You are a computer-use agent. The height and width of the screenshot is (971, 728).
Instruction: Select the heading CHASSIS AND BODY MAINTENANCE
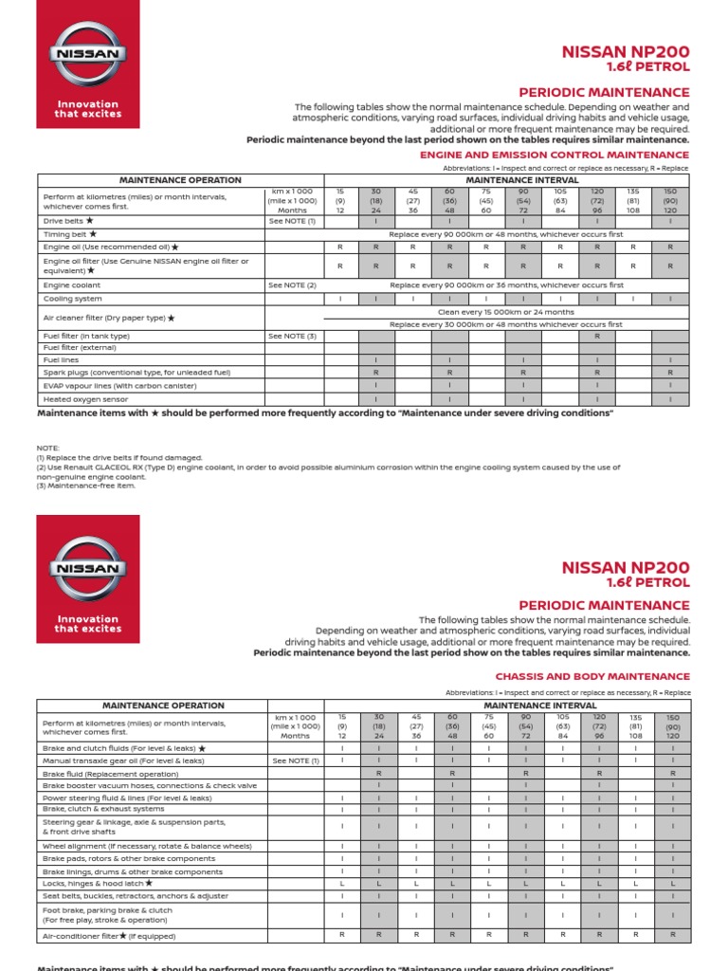tap(592, 676)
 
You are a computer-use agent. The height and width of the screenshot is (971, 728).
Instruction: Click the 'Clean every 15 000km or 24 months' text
tap(505, 311)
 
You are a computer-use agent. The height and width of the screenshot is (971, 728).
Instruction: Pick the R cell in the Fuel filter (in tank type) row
tap(597, 336)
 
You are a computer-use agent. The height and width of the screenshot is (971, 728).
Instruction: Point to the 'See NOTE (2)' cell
tap(292, 284)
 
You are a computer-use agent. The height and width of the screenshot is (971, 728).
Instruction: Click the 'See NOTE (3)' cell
tap(292, 336)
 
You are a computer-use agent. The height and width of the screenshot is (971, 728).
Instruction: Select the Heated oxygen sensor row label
tap(85, 399)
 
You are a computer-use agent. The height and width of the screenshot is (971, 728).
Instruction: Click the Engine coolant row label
tap(72, 284)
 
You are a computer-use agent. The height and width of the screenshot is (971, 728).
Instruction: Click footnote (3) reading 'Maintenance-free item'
tap(86, 486)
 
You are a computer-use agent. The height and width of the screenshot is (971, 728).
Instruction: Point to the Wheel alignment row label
tap(147, 845)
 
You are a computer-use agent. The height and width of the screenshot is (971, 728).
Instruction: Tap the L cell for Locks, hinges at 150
tap(672, 883)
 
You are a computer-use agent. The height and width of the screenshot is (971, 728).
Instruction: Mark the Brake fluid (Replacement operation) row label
tap(111, 774)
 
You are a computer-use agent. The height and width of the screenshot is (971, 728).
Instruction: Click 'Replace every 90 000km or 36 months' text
tap(505, 284)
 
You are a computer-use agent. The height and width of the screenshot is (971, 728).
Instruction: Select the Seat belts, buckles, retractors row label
tap(136, 895)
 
